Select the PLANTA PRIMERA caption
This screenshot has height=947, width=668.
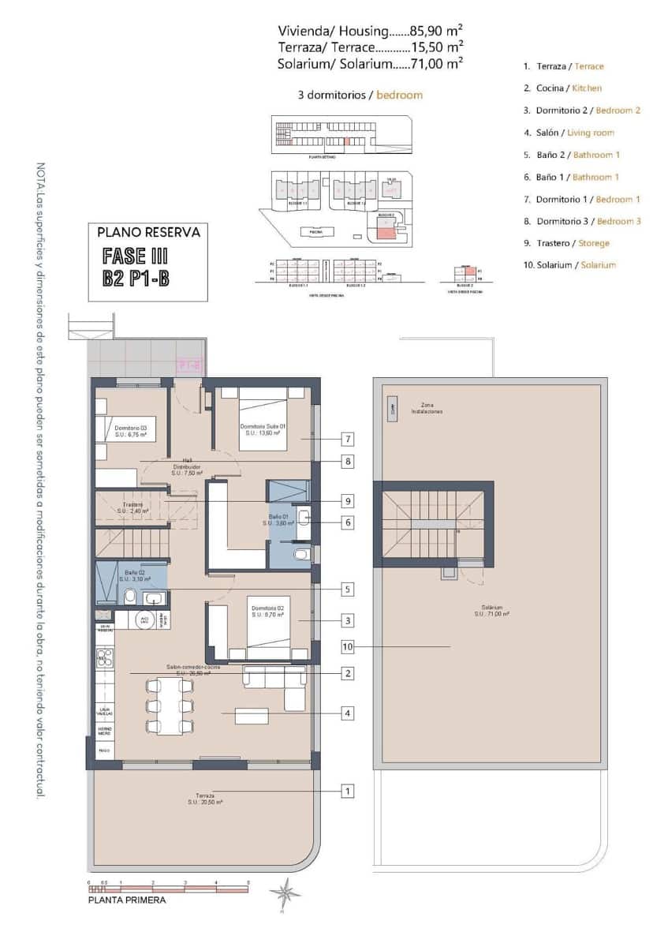point(127,899)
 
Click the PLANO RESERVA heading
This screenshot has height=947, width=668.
point(148,233)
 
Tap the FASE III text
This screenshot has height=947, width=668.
point(136,256)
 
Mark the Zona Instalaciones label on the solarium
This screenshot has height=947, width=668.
point(426,408)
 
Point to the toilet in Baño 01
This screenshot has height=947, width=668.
point(302,556)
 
